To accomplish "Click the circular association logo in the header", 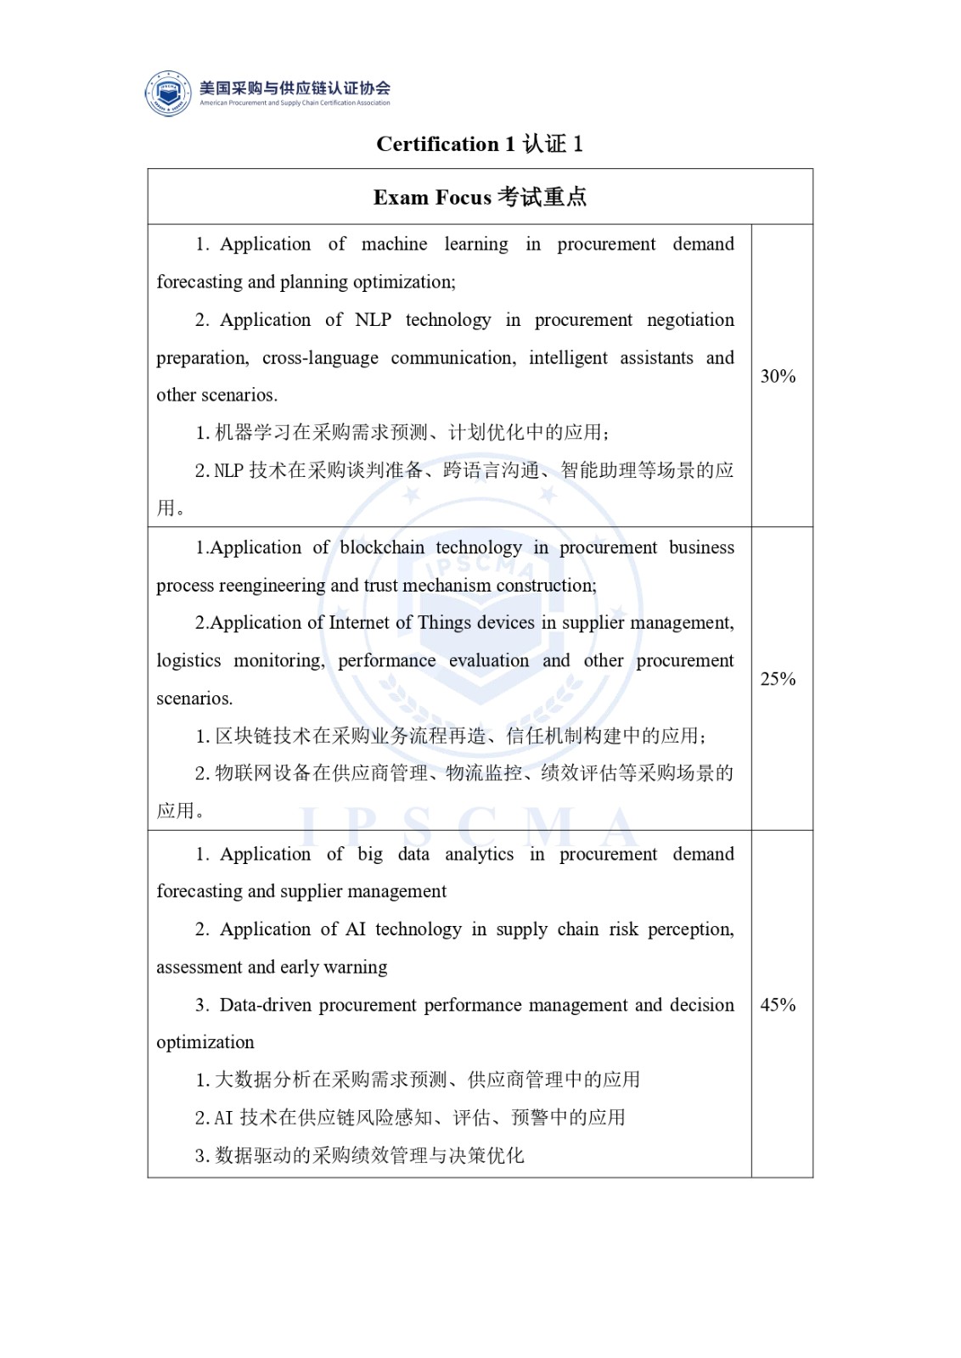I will pyautogui.click(x=168, y=93).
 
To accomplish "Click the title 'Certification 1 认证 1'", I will pyautogui.click(x=480, y=144).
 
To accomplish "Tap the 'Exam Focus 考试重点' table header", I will pyautogui.click(x=480, y=198).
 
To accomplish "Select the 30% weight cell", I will pyautogui.click(x=778, y=377).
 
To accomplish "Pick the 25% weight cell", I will pyautogui.click(x=778, y=679).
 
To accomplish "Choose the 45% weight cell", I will pyautogui.click(x=778, y=1005).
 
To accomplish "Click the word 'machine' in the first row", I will pyautogui.click(x=394, y=244).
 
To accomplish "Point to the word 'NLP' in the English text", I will pyautogui.click(x=373, y=320).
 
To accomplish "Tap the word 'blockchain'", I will pyautogui.click(x=382, y=547).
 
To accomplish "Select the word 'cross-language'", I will pyautogui.click(x=320, y=358).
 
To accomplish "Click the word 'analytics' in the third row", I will pyautogui.click(x=479, y=854).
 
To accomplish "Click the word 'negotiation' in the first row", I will pyautogui.click(x=690, y=320).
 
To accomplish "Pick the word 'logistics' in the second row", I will pyautogui.click(x=188, y=661).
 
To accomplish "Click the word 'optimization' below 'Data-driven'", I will pyautogui.click(x=205, y=1042).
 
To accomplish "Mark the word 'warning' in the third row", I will pyautogui.click(x=355, y=968).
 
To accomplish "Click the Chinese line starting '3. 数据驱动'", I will pyautogui.click(x=359, y=1155).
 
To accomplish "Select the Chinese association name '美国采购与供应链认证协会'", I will pyautogui.click(x=295, y=87).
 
